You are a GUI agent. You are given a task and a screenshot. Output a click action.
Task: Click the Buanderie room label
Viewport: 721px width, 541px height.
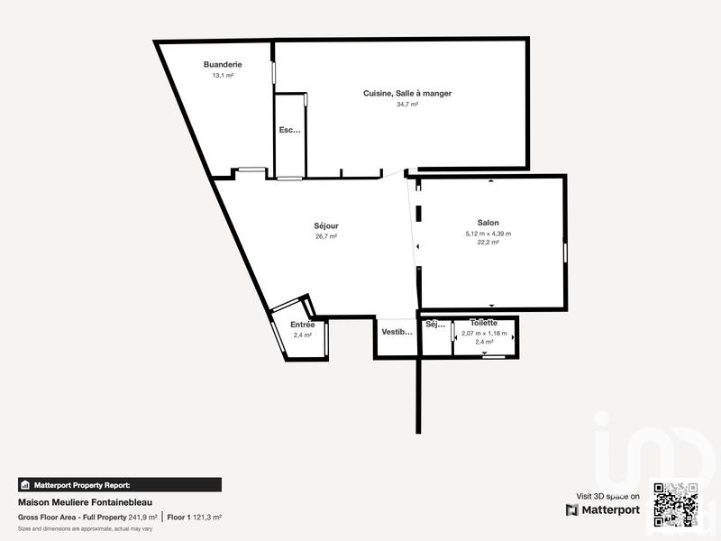(222, 65)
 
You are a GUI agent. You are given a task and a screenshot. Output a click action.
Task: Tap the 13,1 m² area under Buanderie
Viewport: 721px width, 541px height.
(222, 76)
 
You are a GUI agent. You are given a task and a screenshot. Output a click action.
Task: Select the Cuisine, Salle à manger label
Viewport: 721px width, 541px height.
(407, 93)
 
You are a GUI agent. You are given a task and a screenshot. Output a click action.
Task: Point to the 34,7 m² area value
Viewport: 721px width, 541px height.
(407, 104)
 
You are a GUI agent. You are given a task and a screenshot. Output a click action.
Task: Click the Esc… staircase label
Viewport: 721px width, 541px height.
(289, 130)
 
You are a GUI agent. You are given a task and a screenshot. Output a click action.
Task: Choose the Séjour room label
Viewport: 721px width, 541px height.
(325, 226)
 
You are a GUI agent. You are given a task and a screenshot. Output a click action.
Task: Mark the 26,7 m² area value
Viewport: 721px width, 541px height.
(325, 237)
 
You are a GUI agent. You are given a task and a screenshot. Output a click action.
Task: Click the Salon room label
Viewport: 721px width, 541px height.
(488, 223)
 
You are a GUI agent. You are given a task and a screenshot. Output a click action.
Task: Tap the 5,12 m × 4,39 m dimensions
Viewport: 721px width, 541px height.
(488, 234)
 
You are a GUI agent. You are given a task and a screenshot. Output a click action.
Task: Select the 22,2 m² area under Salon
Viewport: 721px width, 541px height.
(488, 243)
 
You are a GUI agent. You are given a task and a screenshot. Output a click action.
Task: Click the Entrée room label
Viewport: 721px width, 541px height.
(302, 325)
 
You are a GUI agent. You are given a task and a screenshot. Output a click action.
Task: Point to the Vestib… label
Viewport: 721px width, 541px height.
(397, 332)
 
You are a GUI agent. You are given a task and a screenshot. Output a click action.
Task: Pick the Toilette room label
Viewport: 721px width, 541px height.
(484, 323)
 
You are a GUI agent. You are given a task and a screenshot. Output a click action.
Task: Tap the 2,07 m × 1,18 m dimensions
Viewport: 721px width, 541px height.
(484, 334)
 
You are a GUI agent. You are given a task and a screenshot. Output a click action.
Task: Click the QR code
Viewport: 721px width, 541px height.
(675, 505)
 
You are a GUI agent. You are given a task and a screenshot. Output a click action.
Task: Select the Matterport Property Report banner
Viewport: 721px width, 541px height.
(119, 484)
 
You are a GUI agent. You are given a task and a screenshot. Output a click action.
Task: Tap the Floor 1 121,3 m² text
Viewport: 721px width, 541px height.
(195, 518)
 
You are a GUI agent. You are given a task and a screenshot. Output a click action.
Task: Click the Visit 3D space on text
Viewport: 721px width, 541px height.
(607, 496)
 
